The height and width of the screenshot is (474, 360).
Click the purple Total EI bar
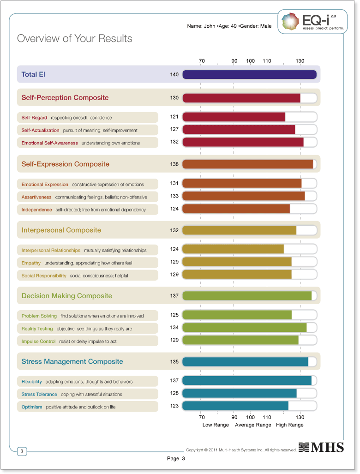click(x=249, y=74)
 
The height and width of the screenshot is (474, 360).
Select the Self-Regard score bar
click(x=234, y=117)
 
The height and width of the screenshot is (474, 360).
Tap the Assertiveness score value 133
click(x=174, y=196)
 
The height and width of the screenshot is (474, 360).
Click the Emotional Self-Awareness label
click(x=50, y=143)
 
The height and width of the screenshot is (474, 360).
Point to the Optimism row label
click(x=32, y=407)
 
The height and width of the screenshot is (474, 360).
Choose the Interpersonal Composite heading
click(x=61, y=230)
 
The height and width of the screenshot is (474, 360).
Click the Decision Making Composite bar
click(x=247, y=296)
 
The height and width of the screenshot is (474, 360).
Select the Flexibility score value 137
click(x=174, y=381)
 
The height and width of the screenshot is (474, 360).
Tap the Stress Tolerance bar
click(x=240, y=393)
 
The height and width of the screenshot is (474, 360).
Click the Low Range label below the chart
click(x=216, y=425)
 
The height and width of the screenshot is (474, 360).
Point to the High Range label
click(x=290, y=425)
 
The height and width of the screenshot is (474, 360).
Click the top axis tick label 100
click(x=251, y=61)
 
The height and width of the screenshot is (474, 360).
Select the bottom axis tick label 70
click(x=202, y=417)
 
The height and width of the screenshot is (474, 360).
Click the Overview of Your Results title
click(x=75, y=39)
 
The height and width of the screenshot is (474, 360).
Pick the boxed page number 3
click(x=22, y=451)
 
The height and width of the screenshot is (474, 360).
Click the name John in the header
click(x=210, y=26)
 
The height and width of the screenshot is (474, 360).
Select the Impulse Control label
click(x=38, y=342)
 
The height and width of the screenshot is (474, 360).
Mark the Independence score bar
click(x=236, y=209)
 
